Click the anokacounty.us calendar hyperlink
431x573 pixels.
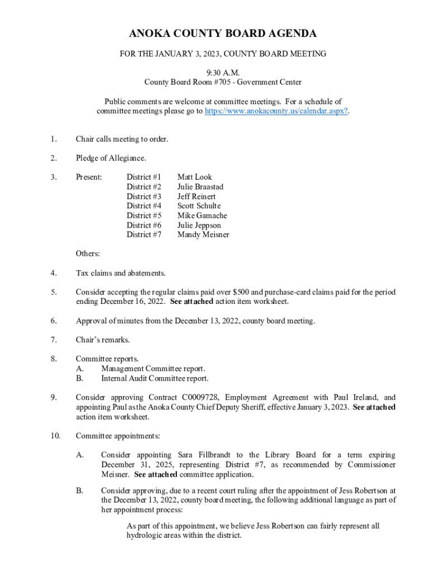click(276, 111)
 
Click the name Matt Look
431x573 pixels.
click(195, 177)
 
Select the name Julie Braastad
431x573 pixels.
click(200, 186)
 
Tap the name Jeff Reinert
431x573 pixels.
click(196, 196)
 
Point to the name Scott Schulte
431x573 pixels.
click(199, 206)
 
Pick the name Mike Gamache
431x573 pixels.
click(202, 215)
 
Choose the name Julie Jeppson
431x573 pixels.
click(199, 225)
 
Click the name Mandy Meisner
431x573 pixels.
click(203, 234)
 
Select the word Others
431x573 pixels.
click(87, 253)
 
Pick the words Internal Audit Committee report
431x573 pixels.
click(155, 378)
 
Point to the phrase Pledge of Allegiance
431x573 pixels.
click(111, 158)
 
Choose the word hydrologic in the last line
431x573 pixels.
click(144, 536)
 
